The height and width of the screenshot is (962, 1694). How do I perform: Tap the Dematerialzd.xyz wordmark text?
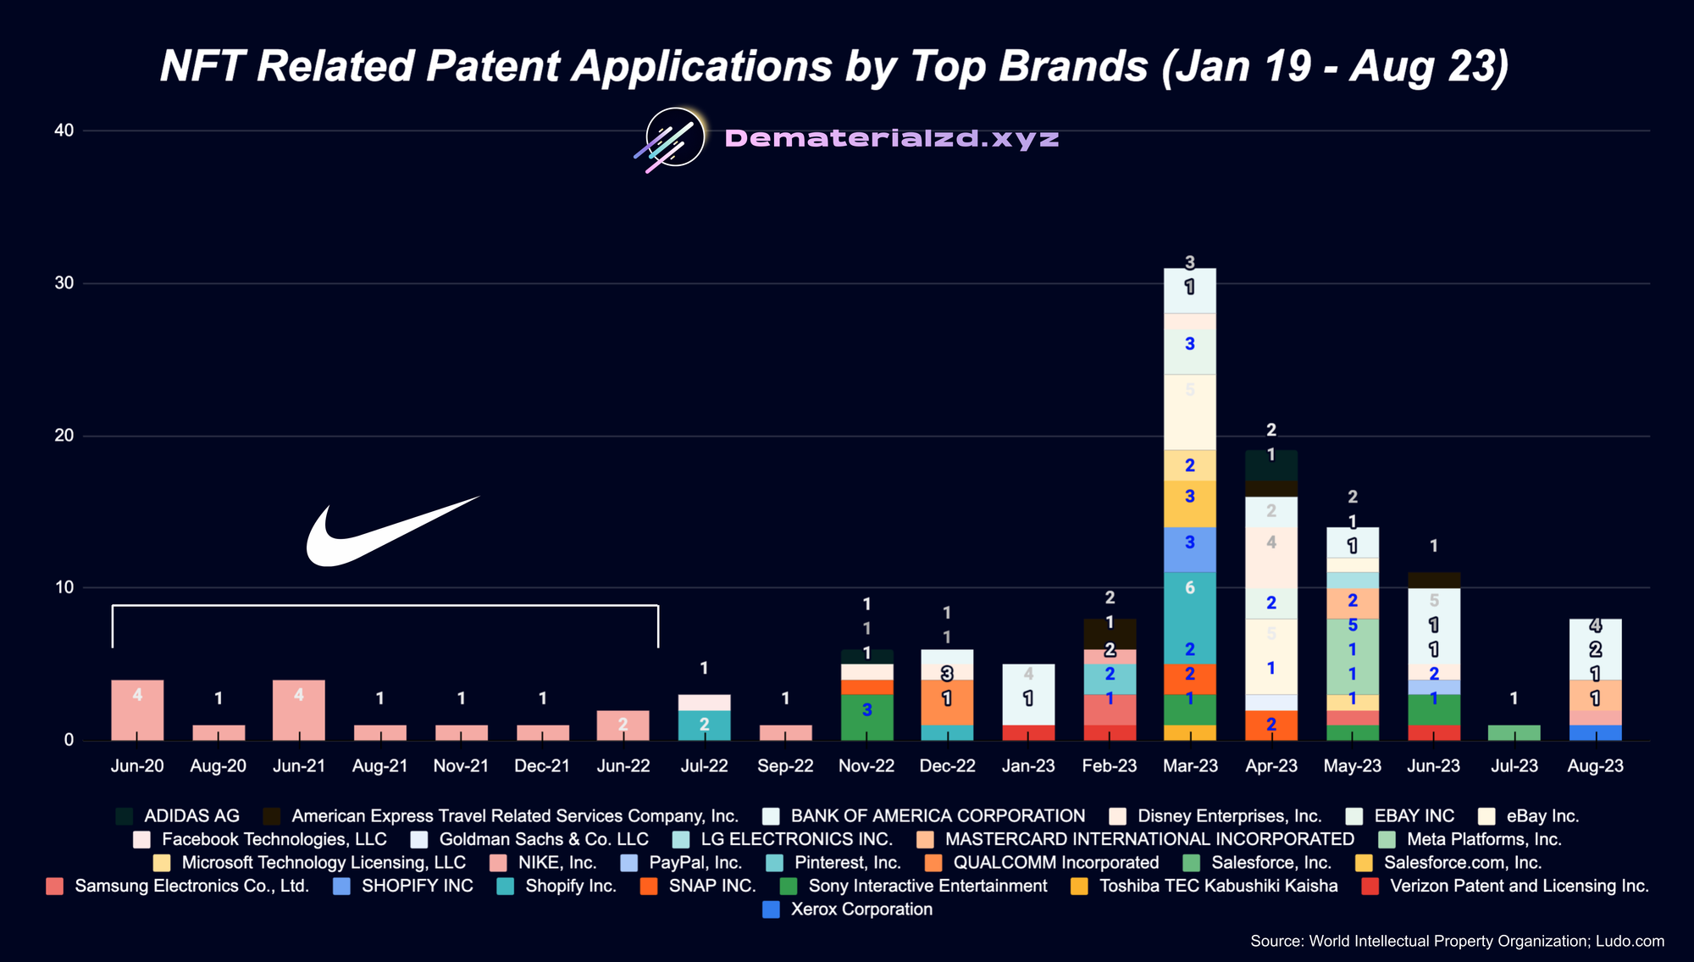891,138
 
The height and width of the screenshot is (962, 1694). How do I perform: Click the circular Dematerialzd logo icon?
675,137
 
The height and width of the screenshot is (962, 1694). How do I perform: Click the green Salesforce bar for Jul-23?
1514,732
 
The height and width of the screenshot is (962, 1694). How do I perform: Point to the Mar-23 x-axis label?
1189,766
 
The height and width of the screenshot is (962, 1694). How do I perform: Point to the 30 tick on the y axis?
64,283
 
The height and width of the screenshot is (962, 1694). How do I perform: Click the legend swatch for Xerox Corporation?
771,909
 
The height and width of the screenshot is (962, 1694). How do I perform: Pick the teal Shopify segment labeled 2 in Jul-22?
704,726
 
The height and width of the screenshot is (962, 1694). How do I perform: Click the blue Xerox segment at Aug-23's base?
1595,733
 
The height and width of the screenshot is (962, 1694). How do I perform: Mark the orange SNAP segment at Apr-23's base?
1270,726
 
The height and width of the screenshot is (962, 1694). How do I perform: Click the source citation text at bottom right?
1457,941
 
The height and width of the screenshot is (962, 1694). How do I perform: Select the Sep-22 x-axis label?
785,766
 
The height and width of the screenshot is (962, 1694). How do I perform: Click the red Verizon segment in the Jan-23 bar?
1027,733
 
